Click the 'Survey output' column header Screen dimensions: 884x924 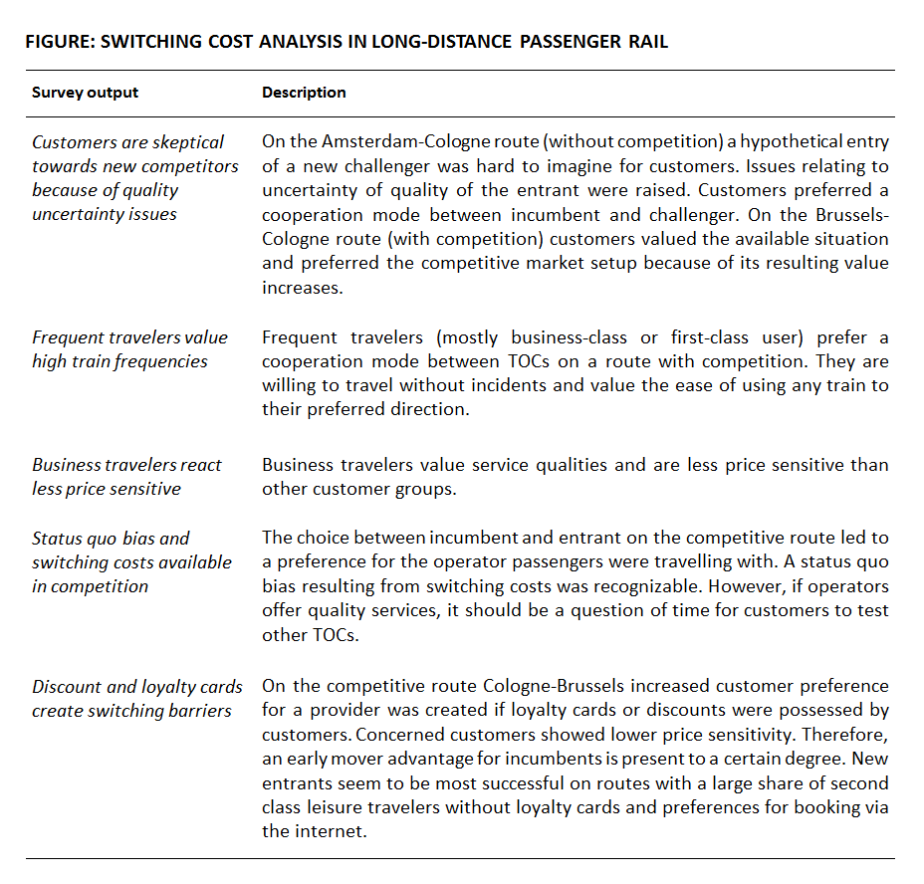tap(85, 93)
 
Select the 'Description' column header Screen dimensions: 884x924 tap(304, 93)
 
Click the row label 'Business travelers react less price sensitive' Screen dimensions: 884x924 tap(126, 476)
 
